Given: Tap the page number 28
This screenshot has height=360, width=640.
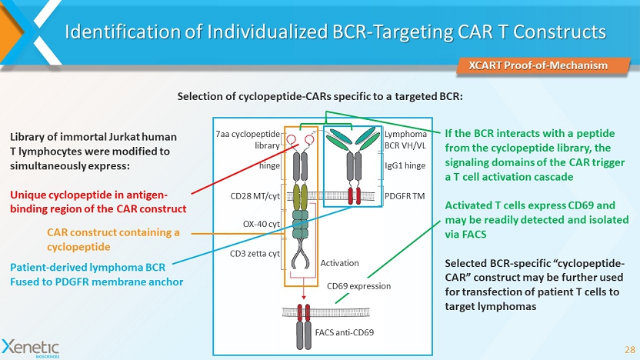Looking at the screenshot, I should point(628,348).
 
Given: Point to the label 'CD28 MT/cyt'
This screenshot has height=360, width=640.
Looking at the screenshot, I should point(255,197).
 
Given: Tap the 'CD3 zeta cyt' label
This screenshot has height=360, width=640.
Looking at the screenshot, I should point(255,253).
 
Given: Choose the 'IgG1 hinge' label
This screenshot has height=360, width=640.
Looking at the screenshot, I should point(405,165).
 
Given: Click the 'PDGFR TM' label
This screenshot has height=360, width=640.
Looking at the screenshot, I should point(404,195).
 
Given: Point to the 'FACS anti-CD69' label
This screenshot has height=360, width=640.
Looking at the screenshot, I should point(345,332).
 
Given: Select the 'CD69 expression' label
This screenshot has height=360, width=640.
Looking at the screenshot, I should point(359,286).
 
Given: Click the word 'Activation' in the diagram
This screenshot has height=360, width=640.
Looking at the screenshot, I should point(339,263).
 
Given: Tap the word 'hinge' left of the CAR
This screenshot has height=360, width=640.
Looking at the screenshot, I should point(268,165).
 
